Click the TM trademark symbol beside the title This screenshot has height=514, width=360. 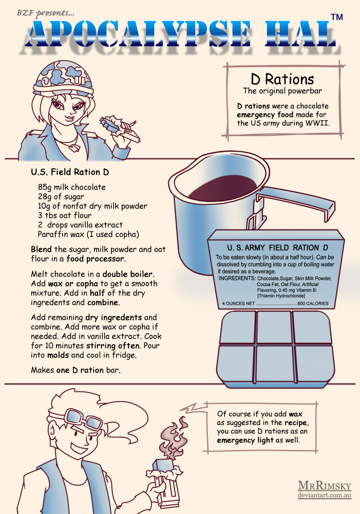tap(336, 17)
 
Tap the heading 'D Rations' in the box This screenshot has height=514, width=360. tap(282, 79)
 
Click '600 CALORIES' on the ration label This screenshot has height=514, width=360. tap(313, 304)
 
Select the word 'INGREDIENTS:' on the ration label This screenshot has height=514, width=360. tap(237, 278)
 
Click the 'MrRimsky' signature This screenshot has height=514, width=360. tap(324, 486)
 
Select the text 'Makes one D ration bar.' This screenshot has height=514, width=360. tap(75, 370)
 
